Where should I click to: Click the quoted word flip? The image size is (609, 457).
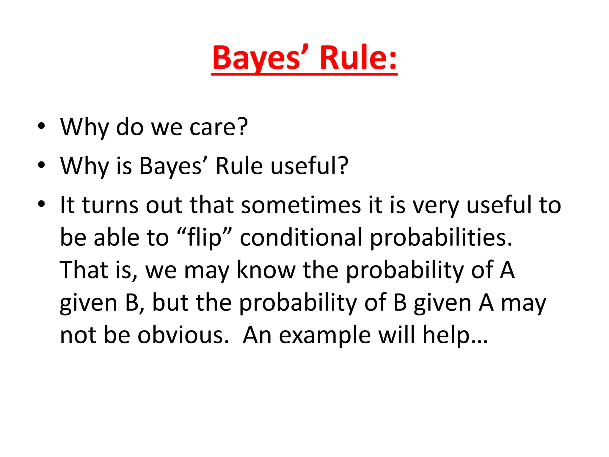click(x=204, y=238)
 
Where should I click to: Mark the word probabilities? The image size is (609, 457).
click(x=441, y=238)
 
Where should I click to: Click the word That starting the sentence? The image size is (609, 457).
click(x=84, y=270)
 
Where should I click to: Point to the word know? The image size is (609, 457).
click(x=266, y=270)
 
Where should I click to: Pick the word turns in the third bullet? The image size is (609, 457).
click(x=110, y=205)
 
